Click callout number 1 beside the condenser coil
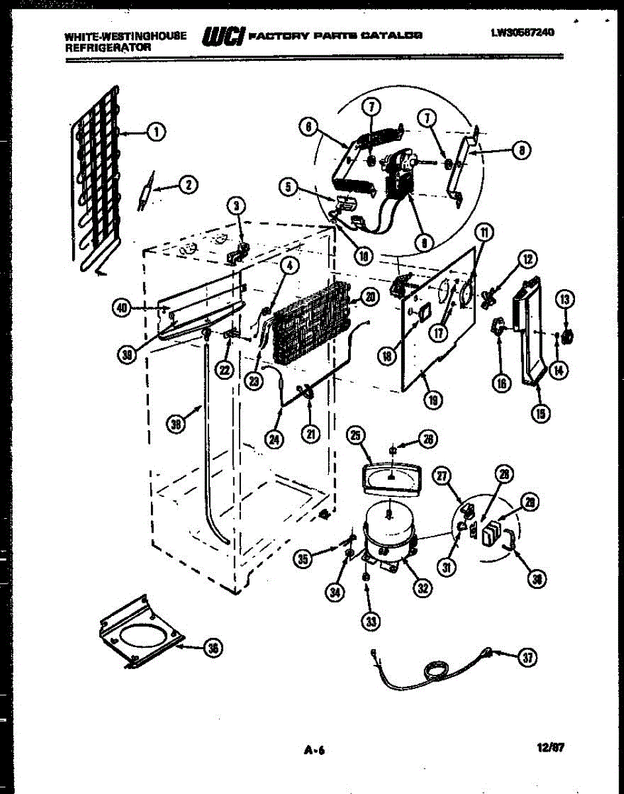click(156, 132)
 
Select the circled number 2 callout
click(189, 186)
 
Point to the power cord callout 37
click(527, 657)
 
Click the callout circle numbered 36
click(212, 648)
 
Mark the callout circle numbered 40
click(121, 307)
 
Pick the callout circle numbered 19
click(435, 400)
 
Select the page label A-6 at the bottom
click(315, 750)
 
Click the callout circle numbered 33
click(370, 620)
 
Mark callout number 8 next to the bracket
click(522, 150)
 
